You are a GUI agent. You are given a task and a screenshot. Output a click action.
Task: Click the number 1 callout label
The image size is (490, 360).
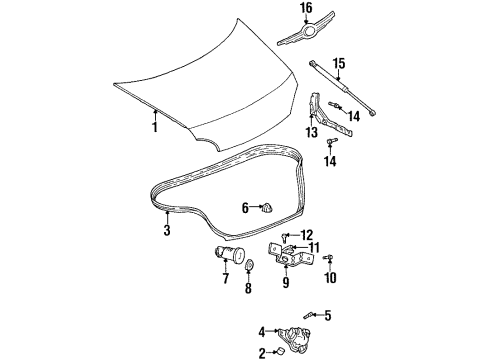tap(155, 128)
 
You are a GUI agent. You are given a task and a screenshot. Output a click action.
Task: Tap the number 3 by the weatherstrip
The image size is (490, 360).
tap(167, 229)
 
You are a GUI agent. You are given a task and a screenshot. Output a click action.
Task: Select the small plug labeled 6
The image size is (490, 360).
tap(269, 208)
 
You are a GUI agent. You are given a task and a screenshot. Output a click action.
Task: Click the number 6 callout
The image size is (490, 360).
tap(244, 208)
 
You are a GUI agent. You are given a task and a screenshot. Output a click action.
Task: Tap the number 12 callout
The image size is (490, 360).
tap(307, 235)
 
